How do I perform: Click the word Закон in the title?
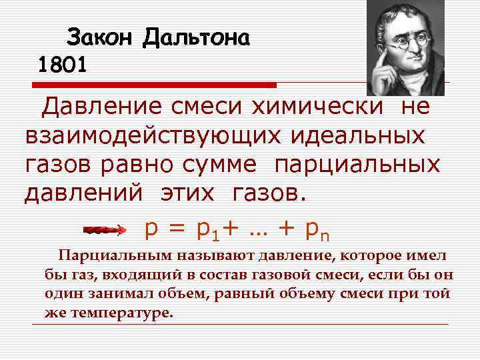pyautogui.click(x=100, y=38)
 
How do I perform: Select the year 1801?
pyautogui.click(x=62, y=65)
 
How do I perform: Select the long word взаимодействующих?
pyautogui.click(x=145, y=135)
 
